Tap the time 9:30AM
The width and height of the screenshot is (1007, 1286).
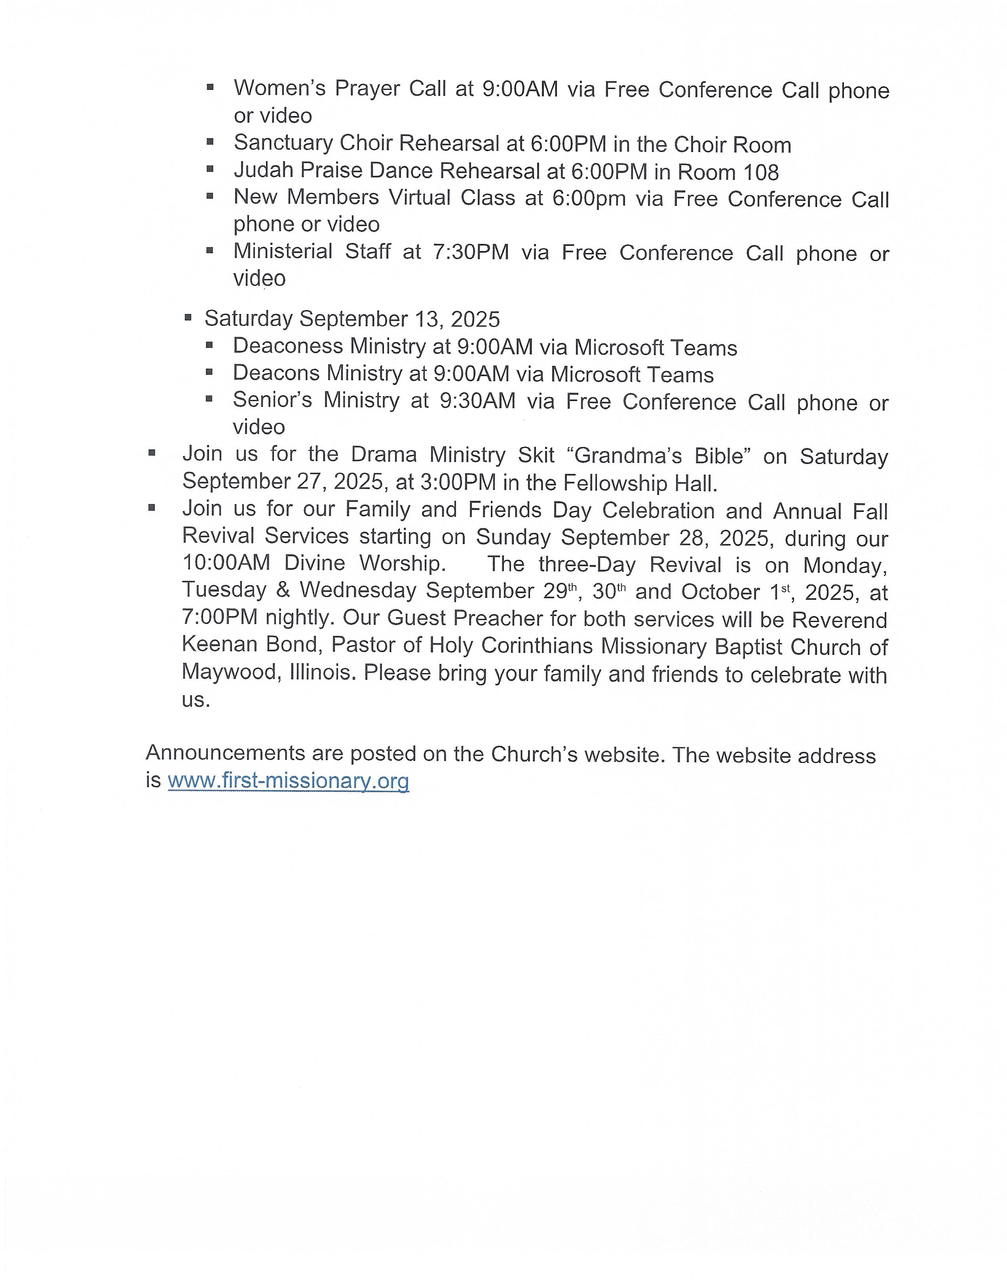(x=477, y=401)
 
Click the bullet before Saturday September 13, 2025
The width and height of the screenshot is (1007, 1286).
(x=188, y=318)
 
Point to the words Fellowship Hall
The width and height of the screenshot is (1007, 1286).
(x=640, y=483)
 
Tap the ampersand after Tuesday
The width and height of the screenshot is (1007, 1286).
(x=283, y=590)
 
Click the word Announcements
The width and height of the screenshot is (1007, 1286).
(x=226, y=753)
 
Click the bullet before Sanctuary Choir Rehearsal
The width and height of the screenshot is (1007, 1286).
(x=210, y=141)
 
